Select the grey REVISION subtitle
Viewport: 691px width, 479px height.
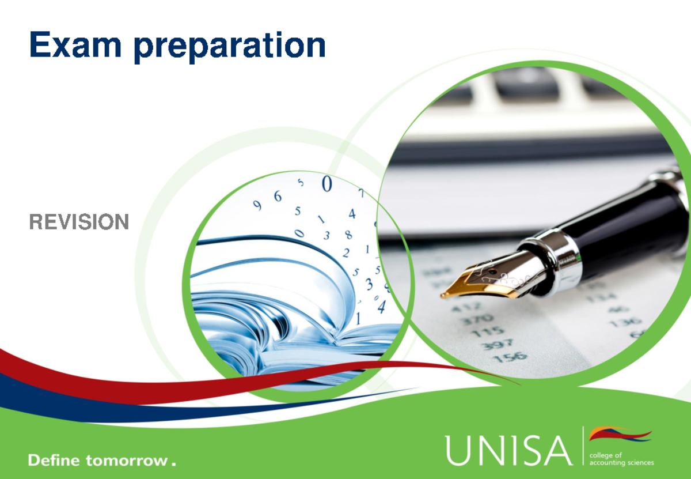[x=79, y=222]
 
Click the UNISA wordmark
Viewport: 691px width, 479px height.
[x=508, y=450]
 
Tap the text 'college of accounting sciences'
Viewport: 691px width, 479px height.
[x=621, y=458]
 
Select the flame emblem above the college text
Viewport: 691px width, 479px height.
[x=620, y=434]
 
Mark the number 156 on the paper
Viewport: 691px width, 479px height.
[x=510, y=357]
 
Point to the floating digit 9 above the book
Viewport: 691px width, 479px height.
[x=257, y=205]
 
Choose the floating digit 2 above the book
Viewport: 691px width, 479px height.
[x=346, y=252]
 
